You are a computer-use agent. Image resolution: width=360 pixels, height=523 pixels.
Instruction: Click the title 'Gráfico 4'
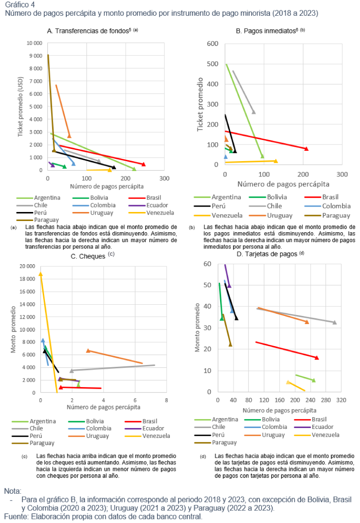click(18, 5)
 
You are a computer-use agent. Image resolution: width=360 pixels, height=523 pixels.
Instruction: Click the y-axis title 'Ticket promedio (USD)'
click(20, 107)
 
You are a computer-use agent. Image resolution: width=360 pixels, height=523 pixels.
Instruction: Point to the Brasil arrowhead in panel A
click(144, 164)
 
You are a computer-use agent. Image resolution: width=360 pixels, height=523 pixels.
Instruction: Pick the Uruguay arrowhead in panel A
click(69, 135)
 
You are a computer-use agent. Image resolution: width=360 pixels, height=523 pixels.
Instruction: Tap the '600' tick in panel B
click(212, 44)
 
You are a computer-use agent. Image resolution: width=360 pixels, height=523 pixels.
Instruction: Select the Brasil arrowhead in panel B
click(306, 149)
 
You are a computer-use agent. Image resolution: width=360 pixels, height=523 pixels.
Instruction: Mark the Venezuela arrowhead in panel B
click(276, 161)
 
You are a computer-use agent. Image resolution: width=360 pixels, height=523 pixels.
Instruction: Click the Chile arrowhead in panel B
click(254, 112)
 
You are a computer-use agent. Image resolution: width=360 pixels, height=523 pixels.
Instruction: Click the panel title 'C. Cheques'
click(88, 256)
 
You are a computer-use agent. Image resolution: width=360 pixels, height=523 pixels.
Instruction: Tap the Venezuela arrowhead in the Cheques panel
click(40, 274)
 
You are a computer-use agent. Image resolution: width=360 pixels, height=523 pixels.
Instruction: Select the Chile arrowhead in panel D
click(334, 322)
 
